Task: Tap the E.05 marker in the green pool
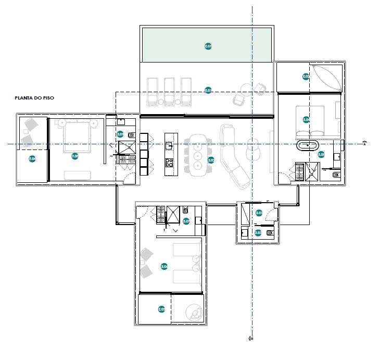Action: pyautogui.click(x=208, y=46)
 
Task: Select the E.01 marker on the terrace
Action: pyautogui.click(x=208, y=90)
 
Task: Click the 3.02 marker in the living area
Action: pyautogui.click(x=211, y=160)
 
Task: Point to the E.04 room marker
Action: pyautogui.click(x=32, y=158)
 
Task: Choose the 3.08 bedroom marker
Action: pyautogui.click(x=75, y=156)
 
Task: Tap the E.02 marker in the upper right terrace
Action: pyautogui.click(x=306, y=77)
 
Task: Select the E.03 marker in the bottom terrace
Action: pyautogui.click(x=161, y=309)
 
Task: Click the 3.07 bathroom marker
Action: pyautogui.click(x=186, y=221)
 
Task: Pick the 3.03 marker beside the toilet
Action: pyautogui.click(x=259, y=232)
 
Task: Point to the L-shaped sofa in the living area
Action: pyautogui.click(x=233, y=156)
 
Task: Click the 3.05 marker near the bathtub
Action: pyautogui.click(x=321, y=154)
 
